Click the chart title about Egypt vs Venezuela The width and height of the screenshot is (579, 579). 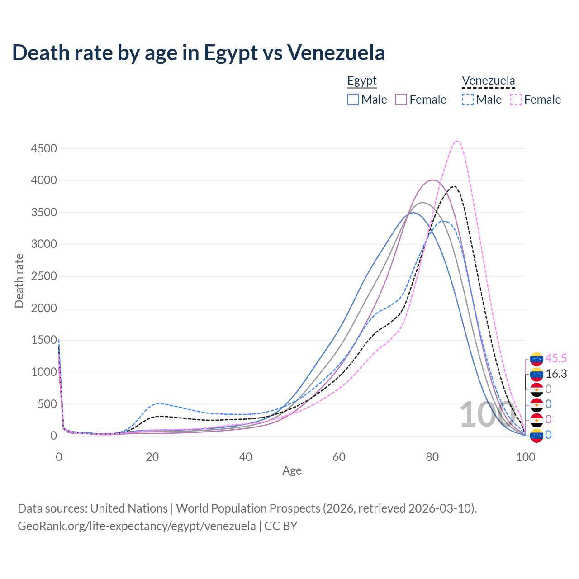tap(199, 52)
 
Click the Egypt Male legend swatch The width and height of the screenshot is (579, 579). tap(353, 100)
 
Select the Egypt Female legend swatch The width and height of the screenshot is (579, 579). tap(401, 100)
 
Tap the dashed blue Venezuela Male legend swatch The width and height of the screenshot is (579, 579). tap(468, 100)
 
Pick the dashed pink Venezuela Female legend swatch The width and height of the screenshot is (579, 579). tap(516, 100)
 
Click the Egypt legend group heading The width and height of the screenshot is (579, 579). tap(362, 81)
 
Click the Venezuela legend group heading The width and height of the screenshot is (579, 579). tap(488, 81)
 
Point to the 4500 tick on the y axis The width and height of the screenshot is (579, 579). tap(44, 148)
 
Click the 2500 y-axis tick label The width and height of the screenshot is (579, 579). tap(44, 276)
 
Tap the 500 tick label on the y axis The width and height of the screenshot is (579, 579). tap(47, 404)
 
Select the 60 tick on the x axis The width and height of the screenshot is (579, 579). tap(339, 457)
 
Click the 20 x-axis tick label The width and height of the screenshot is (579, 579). tap(152, 457)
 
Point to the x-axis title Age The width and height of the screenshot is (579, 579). tap(292, 470)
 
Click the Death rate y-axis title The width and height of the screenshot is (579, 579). tap(19, 280)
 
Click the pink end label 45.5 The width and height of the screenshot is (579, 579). tap(556, 358)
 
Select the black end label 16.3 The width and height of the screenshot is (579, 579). tap(556, 374)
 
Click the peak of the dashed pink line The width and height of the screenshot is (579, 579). tap(457, 141)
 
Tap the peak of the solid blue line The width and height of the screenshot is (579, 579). tap(413, 212)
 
